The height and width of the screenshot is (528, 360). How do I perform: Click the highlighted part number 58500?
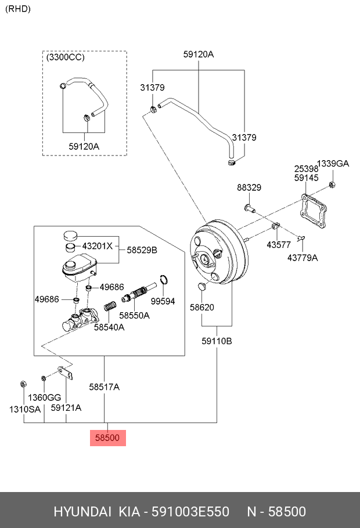click(x=107, y=438)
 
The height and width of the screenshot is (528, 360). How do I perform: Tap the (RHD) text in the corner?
click(x=18, y=9)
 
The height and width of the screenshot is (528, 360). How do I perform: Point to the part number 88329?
click(x=249, y=187)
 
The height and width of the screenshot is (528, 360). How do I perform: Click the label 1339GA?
click(x=333, y=164)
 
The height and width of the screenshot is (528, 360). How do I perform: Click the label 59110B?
click(x=217, y=341)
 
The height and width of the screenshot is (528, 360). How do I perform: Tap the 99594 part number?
click(x=163, y=301)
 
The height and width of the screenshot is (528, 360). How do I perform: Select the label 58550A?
click(x=134, y=315)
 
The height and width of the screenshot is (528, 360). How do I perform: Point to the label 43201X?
click(x=97, y=245)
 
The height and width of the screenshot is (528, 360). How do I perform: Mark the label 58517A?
click(x=105, y=386)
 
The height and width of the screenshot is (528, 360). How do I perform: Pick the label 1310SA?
click(x=24, y=408)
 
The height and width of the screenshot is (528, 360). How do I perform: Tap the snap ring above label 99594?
click(x=164, y=280)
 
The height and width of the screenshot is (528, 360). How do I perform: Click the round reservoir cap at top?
click(x=70, y=235)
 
